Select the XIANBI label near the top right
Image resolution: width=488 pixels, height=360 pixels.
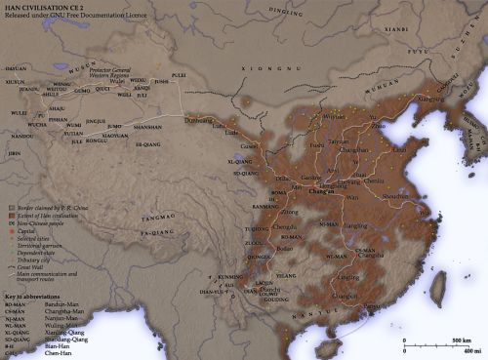pyautogui.click(x=396, y=29)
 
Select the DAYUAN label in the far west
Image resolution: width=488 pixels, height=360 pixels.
pyautogui.click(x=16, y=70)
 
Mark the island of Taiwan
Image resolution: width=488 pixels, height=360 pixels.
pyautogui.click(x=438, y=287)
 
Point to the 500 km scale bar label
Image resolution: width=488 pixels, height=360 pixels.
pyautogui.click(x=462, y=340)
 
